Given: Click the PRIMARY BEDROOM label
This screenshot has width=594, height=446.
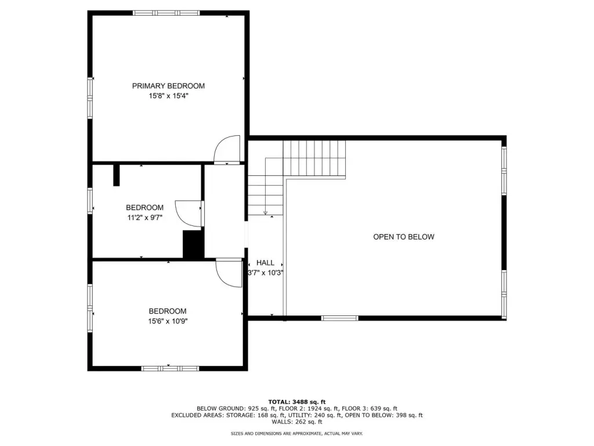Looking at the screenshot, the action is [168, 86].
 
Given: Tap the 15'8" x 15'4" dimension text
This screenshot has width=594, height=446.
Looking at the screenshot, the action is [168, 96].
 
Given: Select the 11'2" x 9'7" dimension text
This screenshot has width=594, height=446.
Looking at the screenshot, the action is [144, 218].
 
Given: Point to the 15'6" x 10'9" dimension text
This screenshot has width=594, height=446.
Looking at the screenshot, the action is [168, 321].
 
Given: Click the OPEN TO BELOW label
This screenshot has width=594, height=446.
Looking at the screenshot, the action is [404, 237].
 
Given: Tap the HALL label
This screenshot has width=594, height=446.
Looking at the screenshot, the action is [265, 262].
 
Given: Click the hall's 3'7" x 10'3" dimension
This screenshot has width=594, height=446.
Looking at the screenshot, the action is [266, 273].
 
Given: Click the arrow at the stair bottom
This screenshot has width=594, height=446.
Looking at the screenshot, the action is [266, 213].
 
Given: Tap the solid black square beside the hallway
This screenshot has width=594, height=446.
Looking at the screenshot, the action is [194, 244].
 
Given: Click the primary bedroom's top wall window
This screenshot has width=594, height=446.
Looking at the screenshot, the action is [166, 13].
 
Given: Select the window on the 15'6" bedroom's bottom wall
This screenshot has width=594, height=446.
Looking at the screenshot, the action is [170, 368].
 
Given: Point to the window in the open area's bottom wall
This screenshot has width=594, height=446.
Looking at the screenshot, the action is [340, 318].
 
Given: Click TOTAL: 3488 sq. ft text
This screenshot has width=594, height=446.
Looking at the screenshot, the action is [297, 402].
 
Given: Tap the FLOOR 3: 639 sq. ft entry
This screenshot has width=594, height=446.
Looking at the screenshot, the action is [370, 408].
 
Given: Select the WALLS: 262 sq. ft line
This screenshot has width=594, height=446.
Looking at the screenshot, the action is [297, 422].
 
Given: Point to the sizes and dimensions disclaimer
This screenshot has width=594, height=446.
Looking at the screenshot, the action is [297, 433].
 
